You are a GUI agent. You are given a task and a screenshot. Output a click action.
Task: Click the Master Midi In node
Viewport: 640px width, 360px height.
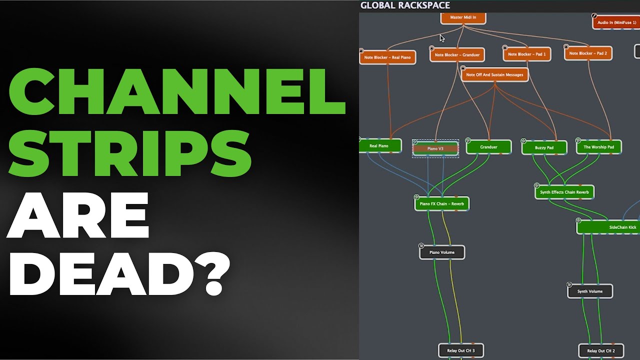463,17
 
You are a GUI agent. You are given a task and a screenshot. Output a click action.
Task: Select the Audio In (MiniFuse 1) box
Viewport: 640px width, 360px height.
616,22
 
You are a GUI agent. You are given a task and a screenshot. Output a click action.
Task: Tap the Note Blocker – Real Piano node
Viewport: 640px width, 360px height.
387,57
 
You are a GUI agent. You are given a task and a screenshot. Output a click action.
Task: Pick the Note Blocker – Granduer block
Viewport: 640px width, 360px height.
457,55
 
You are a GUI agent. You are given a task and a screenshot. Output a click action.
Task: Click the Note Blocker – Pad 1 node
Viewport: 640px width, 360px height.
527,54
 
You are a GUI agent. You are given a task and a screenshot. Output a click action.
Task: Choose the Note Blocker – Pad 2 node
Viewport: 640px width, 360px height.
588,53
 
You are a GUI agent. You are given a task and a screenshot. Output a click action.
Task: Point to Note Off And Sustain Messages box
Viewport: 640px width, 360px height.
495,75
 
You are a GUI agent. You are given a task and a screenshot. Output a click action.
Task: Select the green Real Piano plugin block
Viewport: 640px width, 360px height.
380,146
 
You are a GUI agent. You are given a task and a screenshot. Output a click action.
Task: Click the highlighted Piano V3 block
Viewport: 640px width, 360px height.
435,148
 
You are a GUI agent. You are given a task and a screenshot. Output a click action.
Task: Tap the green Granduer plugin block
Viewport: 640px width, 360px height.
488,147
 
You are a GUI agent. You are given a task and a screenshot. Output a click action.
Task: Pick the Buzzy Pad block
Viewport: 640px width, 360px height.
544,147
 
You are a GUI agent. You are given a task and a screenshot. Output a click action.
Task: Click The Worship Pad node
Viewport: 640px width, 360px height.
598,147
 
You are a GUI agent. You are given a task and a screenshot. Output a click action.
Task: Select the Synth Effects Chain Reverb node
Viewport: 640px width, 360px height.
564,192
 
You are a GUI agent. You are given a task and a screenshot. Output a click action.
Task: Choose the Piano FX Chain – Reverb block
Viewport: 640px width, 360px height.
441,203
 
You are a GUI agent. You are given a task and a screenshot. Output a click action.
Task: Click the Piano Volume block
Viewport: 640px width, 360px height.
442,252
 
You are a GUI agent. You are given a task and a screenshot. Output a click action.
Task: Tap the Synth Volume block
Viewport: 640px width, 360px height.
590,291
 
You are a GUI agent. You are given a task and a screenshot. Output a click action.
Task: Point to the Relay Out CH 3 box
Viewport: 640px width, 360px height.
461,350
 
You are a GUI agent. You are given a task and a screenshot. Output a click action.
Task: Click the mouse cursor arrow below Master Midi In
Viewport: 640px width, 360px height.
442,38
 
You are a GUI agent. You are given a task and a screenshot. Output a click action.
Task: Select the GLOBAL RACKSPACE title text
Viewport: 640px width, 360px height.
405,5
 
